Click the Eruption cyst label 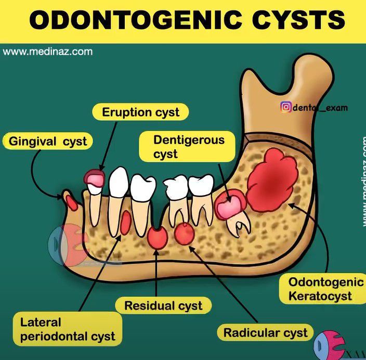pos(140,112)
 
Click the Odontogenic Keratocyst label pos(325,289)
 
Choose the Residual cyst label pos(163,305)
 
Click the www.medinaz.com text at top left pos(48,52)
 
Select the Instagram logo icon pos(285,108)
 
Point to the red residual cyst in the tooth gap pos(158,238)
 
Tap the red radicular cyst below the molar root pos(184,234)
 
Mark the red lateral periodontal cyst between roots pos(125,222)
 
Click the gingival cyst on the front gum pos(72,201)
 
